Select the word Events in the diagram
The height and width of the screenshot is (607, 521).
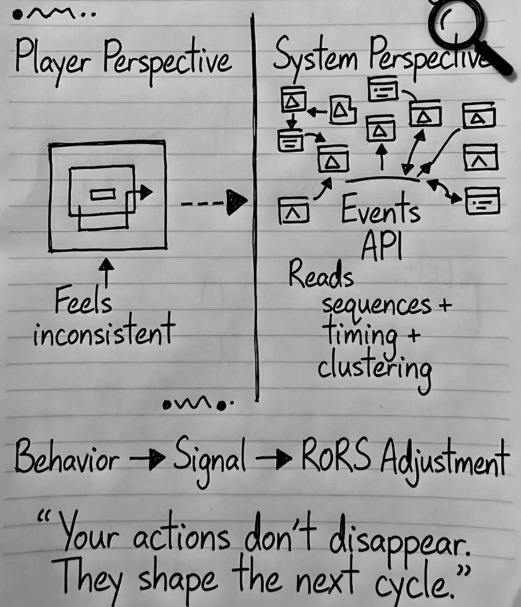click(381, 212)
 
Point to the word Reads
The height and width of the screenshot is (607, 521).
click(321, 275)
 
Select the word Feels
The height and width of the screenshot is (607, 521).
click(84, 303)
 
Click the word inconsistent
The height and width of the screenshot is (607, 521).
click(103, 333)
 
